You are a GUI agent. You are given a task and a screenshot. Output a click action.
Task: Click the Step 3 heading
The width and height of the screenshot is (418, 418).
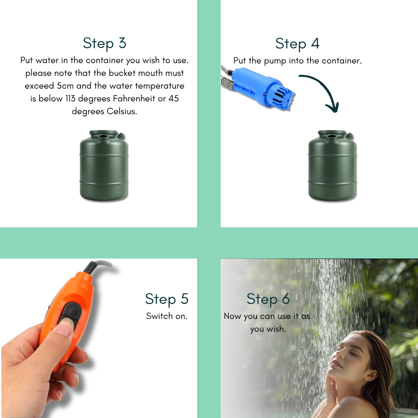tap(104, 43)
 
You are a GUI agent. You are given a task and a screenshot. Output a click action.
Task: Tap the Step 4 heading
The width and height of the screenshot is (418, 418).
tap(297, 43)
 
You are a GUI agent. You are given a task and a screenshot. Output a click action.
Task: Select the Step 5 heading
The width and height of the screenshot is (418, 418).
tap(166, 299)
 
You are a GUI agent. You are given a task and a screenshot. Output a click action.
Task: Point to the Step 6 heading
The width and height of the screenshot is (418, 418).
tap(268, 299)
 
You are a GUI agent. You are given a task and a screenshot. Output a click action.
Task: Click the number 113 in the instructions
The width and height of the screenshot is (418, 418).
tap(70, 98)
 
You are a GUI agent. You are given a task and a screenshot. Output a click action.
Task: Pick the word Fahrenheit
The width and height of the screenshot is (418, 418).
tap(134, 98)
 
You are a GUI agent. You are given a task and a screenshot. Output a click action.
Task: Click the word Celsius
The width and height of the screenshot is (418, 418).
tap(122, 111)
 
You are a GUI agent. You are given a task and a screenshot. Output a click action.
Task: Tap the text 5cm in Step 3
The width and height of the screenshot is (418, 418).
tap(65, 86)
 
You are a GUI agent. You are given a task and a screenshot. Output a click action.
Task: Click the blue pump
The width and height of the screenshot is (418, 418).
tap(262, 88)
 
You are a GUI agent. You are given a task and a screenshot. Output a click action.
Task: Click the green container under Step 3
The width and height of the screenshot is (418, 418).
tap(104, 165)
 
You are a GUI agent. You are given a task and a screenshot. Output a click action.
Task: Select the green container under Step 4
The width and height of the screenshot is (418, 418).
tap(332, 165)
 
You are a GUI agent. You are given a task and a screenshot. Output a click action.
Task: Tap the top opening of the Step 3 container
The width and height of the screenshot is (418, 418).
tap(103, 137)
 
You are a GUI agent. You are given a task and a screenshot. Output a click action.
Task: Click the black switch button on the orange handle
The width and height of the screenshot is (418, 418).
tap(70, 312)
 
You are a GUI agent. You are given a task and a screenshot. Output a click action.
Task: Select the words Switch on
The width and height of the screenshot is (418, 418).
tap(166, 316)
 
